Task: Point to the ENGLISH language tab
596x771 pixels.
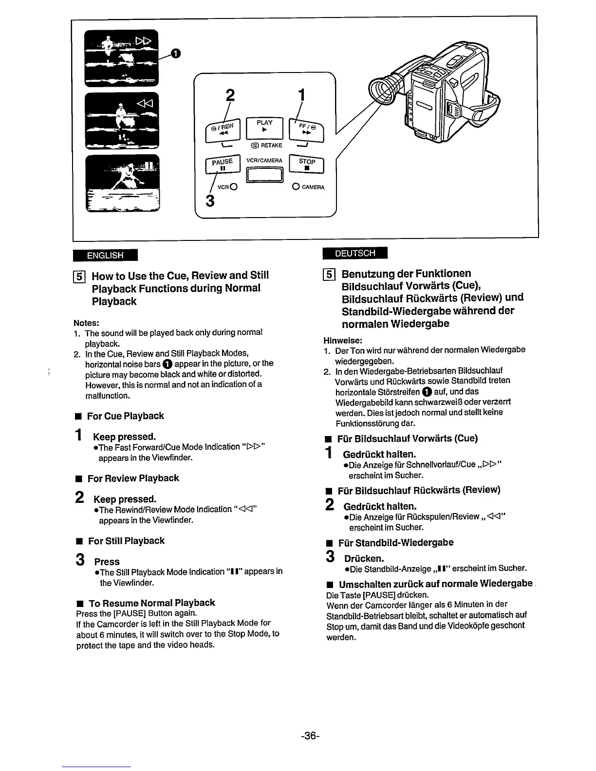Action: pos(105,255)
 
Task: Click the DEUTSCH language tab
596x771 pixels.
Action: pos(355,254)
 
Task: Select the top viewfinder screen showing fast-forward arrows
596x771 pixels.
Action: pos(122,57)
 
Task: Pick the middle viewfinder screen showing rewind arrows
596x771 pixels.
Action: pos(122,120)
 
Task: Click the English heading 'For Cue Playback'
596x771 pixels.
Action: pos(125,416)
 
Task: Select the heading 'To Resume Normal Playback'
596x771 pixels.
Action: pos(151,603)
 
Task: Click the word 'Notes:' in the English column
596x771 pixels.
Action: pos(87,323)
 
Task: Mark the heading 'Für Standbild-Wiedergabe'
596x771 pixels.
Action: pos(395,542)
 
